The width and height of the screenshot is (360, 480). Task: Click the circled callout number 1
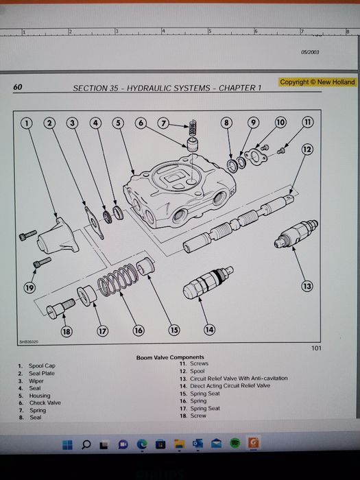(x=27, y=123)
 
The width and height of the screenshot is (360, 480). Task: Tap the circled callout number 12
(x=307, y=149)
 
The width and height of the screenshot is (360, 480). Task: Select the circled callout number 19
(x=29, y=287)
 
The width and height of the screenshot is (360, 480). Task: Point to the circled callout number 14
(x=209, y=330)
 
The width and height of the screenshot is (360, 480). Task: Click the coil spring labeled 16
(x=118, y=280)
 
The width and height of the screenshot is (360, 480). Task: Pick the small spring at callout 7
(x=193, y=128)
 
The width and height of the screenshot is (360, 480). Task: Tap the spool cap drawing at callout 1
(x=57, y=236)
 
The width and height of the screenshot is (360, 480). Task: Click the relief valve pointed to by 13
(x=296, y=235)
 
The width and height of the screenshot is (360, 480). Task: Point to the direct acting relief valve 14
(x=208, y=283)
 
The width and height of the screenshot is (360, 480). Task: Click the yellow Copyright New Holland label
(x=317, y=82)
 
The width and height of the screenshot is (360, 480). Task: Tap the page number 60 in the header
(x=18, y=87)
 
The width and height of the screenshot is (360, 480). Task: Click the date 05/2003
(x=310, y=52)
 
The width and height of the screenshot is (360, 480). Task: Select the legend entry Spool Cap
(x=42, y=365)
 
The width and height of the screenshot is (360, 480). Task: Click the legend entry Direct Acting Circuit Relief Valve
(x=230, y=385)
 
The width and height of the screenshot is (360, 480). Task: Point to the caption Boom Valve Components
(x=170, y=357)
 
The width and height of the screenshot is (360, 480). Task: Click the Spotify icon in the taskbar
(x=235, y=443)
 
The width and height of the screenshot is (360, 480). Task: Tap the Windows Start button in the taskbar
(x=67, y=445)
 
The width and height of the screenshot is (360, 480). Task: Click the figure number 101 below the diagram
(x=317, y=348)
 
